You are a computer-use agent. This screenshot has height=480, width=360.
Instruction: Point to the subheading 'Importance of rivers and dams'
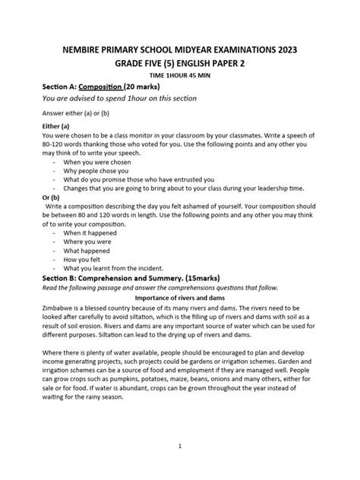(x=181, y=298)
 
